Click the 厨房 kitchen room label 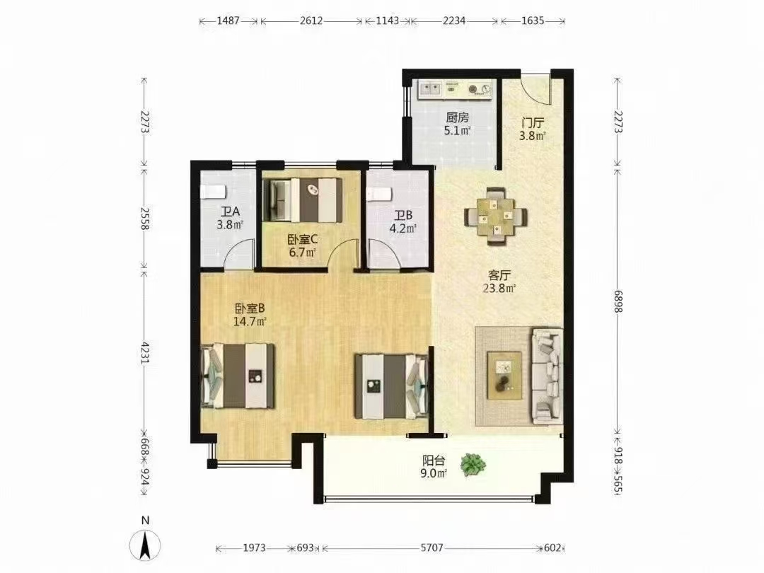(x=457, y=117)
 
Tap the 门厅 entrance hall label (x=532, y=122)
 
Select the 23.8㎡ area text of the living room (x=499, y=288)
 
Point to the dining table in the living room (x=495, y=216)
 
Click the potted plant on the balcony (x=473, y=465)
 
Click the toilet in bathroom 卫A (x=212, y=192)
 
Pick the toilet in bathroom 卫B (x=380, y=193)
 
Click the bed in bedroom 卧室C (x=302, y=199)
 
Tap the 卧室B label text (x=250, y=308)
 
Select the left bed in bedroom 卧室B (x=239, y=376)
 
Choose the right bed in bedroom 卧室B (x=391, y=386)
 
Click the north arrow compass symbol (x=145, y=545)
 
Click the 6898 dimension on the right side (x=618, y=298)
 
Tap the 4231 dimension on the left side (x=145, y=351)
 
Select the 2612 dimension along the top (x=311, y=21)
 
